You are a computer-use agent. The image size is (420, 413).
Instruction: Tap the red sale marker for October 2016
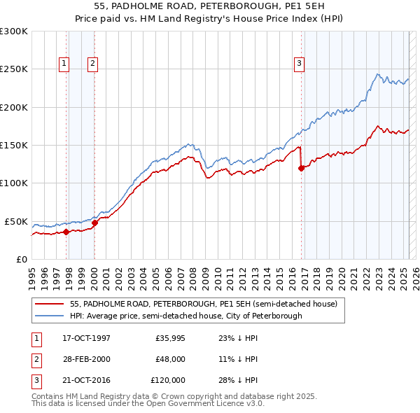pos(301,168)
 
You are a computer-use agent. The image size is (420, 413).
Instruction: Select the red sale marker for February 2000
pos(95,223)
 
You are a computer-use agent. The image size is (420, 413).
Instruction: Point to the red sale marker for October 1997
pos(66,232)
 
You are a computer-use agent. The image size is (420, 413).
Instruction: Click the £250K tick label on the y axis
pos(15,69)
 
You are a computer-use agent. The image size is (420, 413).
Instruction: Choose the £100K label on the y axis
pos(15,183)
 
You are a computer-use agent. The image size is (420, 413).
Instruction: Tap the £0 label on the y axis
pos(20,259)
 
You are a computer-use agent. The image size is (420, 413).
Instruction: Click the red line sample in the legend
pos(49,304)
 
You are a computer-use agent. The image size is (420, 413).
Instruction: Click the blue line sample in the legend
pos(49,316)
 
